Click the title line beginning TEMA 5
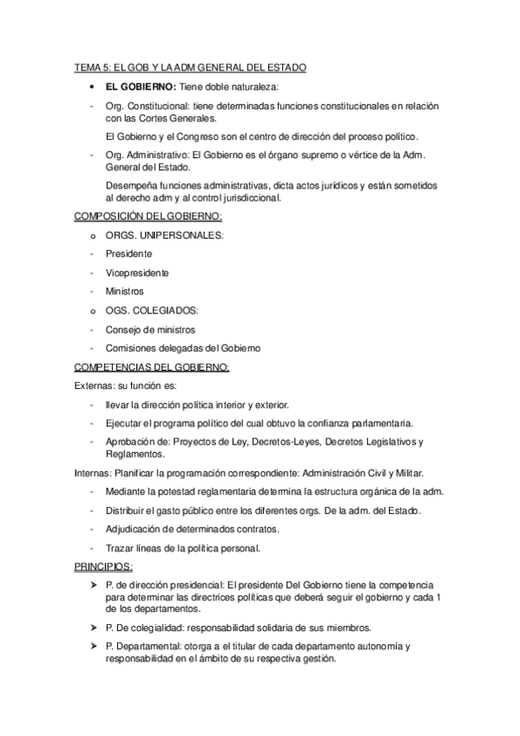[189, 68]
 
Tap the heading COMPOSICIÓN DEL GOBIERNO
[148, 215]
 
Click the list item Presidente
[128, 253]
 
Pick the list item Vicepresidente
[137, 273]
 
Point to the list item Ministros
[124, 292]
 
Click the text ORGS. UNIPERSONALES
[165, 234]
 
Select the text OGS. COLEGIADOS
[151, 310]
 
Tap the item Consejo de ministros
[150, 329]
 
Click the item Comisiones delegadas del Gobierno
[182, 348]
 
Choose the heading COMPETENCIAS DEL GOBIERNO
[152, 367]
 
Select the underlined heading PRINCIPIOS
[103, 567]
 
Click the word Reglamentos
[134, 453]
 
